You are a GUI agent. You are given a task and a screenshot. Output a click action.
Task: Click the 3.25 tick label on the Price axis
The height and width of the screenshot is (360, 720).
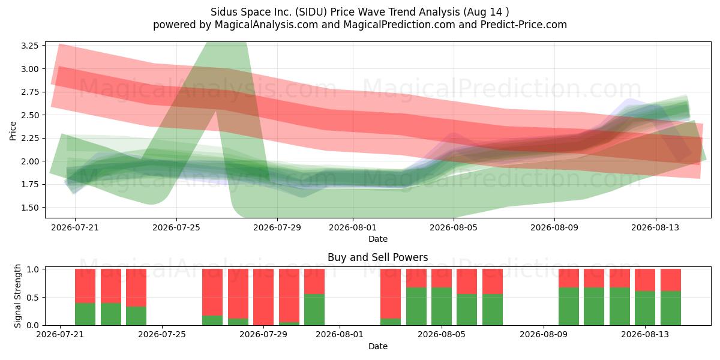29,46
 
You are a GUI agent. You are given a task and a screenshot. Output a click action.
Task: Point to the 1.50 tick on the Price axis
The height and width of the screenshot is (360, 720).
29,208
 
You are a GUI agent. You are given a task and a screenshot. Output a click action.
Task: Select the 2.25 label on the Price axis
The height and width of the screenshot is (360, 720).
29,138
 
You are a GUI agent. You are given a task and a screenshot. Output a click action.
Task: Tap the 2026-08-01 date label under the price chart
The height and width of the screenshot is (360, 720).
353,227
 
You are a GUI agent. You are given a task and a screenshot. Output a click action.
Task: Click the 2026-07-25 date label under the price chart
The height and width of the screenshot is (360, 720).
176,227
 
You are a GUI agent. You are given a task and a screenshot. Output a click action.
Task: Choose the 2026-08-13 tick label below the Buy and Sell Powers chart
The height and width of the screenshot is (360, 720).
645,334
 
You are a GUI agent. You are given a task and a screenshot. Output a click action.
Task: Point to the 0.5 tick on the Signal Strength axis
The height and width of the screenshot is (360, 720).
33,298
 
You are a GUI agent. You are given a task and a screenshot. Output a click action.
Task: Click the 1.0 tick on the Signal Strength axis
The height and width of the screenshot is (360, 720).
33,269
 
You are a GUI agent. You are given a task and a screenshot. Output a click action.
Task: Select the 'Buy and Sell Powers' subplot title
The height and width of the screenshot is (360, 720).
377,257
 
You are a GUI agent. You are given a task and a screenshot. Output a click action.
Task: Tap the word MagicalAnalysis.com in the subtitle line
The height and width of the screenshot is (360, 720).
266,25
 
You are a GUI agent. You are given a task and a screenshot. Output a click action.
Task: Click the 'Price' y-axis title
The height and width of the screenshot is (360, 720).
13,131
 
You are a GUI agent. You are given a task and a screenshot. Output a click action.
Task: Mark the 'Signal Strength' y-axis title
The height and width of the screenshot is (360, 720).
17,296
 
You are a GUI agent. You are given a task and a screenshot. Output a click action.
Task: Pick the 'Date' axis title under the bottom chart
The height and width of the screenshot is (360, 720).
377,346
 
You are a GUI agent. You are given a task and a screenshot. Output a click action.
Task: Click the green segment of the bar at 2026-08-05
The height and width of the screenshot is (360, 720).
442,307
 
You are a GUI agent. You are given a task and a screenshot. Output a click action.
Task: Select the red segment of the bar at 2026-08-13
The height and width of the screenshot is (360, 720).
645,280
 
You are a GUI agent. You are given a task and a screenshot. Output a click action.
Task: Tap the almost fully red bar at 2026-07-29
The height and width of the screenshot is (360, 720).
263,296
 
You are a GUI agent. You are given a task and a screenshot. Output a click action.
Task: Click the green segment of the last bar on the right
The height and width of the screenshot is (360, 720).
671,308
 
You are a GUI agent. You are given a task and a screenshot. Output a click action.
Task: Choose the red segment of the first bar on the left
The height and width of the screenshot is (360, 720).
85,286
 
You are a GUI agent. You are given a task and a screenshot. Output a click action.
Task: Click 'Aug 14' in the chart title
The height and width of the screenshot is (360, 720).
484,12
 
